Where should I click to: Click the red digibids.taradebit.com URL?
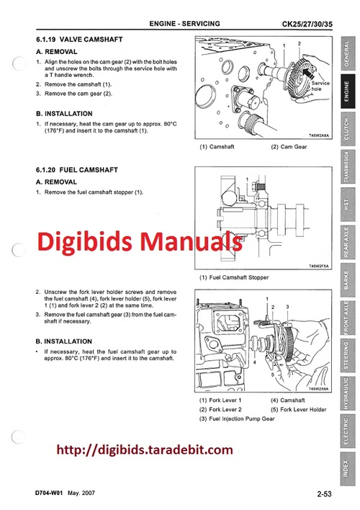(x=145, y=451)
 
